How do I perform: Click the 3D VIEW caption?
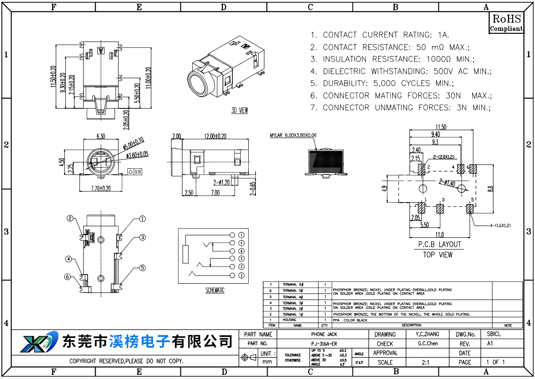pos(239,111)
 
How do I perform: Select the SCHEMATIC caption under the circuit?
pos(215,290)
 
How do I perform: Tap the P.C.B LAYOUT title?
pos(439,244)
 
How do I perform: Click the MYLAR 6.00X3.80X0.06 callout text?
pos(293,135)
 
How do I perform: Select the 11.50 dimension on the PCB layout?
pos(440,127)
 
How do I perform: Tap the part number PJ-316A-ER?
pos(324,344)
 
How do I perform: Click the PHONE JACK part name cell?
pos(324,334)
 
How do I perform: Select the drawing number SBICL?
pos(494,334)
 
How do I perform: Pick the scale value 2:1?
pos(426,362)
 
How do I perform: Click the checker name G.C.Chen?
pos(428,344)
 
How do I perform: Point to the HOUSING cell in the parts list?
pos(289,320)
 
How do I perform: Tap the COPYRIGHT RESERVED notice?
pos(126,362)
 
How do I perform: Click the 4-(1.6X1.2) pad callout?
pos(493,226)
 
